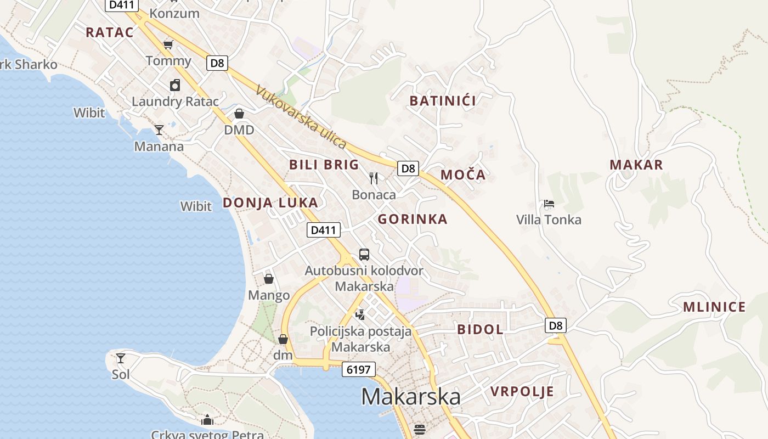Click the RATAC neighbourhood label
[110, 32]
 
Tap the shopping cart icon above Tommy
[168, 44]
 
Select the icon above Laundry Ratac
[174, 85]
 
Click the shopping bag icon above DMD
[239, 114]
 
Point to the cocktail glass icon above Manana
[159, 130]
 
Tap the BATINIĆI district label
[443, 100]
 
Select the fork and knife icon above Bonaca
[374, 178]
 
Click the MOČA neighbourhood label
[463, 175]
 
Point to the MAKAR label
[636, 165]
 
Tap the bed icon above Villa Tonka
[549, 204]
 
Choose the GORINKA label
[413, 219]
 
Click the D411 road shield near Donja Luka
[323, 230]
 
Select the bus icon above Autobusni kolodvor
[364, 255]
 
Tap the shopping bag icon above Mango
[269, 279]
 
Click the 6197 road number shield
[359, 369]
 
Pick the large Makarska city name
[410, 396]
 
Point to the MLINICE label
[714, 307]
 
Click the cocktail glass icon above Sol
[121, 358]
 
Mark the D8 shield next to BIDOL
[556, 325]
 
